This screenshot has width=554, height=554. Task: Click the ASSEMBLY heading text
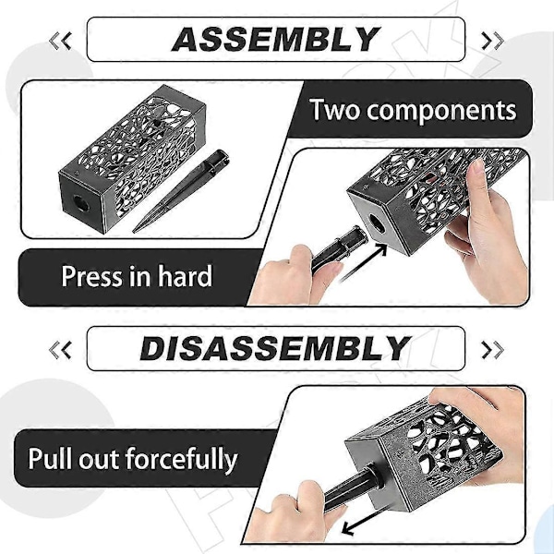[x=275, y=39]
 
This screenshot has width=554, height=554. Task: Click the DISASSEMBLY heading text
[x=275, y=348]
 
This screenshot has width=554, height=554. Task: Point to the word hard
[x=185, y=275]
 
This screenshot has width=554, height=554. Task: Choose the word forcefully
[x=181, y=459]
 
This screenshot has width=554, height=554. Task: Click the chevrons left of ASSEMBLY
[x=60, y=41]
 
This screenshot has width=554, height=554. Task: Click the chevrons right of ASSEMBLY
[x=492, y=41]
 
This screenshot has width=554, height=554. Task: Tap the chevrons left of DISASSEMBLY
[x=60, y=350]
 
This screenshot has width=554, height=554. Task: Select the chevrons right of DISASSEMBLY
[x=492, y=350]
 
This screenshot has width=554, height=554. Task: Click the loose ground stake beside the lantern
[x=181, y=191]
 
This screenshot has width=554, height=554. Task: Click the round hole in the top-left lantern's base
[x=81, y=203]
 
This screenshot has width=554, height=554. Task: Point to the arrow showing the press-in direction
[x=363, y=262]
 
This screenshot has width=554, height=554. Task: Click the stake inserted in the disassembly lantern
[x=354, y=489]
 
